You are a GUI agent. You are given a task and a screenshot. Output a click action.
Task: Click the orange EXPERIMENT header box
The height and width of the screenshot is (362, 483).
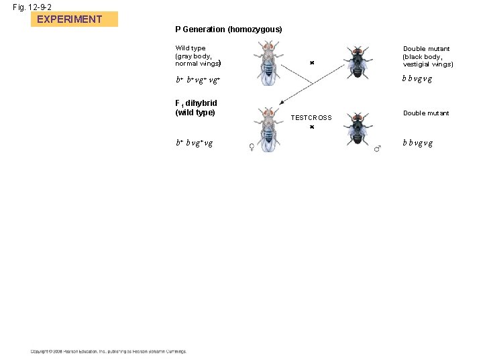[74, 19]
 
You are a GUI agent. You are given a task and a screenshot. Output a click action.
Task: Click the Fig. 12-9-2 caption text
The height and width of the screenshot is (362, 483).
[33, 6]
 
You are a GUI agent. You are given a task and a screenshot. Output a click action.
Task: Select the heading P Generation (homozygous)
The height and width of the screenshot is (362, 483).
[228, 29]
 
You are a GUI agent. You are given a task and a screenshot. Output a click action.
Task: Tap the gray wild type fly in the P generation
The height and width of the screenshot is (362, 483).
[268, 62]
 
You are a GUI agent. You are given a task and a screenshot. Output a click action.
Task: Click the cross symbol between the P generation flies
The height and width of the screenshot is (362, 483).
[312, 63]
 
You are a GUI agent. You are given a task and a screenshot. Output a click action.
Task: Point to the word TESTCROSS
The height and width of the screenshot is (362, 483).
[311, 117]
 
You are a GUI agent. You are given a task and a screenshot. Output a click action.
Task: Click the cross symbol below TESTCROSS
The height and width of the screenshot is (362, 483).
[312, 126]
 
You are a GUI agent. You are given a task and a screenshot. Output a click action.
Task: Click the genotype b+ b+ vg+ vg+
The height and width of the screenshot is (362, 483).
[198, 80]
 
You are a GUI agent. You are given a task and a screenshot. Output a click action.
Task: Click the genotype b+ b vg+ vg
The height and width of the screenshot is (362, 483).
[195, 143]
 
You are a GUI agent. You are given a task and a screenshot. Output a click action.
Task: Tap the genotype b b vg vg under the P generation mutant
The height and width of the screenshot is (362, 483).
[417, 78]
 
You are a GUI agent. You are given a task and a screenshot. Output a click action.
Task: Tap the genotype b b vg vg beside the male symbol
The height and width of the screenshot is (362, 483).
[417, 143]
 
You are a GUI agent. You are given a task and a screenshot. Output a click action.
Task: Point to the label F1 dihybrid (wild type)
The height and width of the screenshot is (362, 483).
[196, 107]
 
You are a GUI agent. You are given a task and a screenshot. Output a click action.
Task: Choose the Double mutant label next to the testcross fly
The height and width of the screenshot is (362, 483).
[426, 113]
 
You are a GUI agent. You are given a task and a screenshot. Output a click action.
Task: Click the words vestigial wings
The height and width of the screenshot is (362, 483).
[428, 64]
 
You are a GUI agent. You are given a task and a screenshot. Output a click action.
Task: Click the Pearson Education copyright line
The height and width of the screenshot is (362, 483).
[108, 351]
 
